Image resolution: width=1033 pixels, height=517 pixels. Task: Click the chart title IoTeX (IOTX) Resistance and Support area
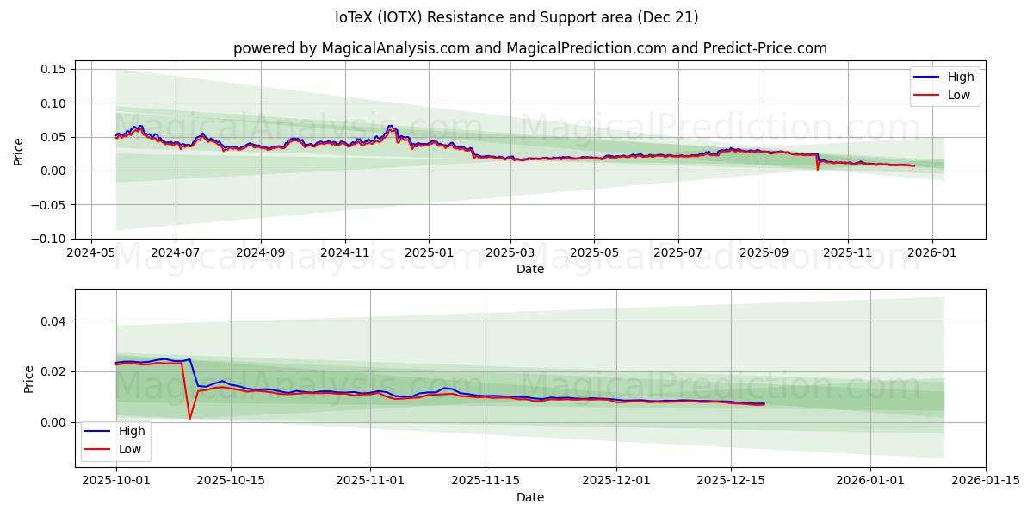[516, 17]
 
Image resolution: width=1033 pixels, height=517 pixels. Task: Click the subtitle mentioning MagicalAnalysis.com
[529, 48]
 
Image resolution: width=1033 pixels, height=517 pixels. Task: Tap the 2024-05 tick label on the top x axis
[91, 253]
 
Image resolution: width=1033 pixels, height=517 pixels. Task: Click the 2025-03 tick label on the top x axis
[510, 253]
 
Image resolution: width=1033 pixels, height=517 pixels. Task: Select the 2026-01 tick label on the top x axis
[931, 253]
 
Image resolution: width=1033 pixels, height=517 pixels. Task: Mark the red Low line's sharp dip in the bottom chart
[190, 419]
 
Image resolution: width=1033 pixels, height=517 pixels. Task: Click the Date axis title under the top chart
[529, 269]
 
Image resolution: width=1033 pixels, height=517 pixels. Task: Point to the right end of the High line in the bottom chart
[764, 402]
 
